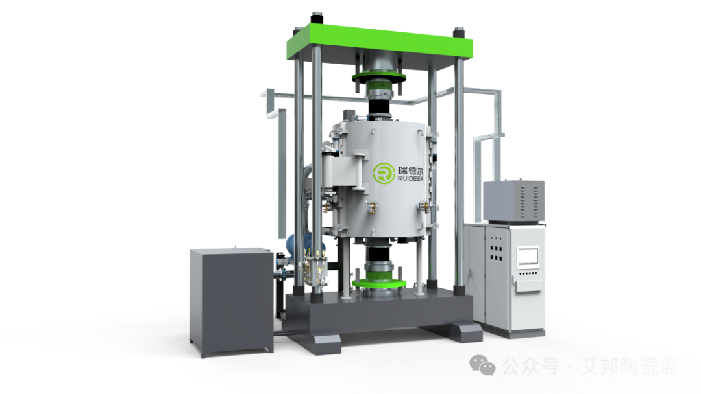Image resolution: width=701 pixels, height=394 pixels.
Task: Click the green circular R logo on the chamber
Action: (384, 173)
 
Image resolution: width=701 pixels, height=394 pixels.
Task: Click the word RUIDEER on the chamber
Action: (410, 179)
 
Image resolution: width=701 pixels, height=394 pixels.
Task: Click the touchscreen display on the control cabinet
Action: (528, 257)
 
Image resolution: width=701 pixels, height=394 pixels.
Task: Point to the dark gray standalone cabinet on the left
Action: (232, 302)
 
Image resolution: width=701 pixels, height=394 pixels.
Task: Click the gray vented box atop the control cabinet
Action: (514, 202)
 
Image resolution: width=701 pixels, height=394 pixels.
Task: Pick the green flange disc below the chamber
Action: (378, 283)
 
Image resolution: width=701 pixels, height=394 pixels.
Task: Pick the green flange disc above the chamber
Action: (378, 77)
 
